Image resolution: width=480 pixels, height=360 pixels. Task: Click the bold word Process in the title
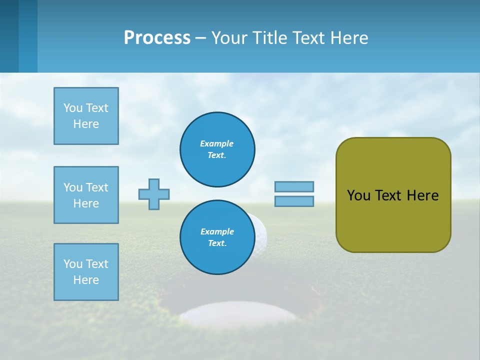pos(157,38)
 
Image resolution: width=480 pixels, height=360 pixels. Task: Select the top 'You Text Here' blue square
pos(86,116)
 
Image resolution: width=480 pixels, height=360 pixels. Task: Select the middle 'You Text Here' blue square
pos(86,195)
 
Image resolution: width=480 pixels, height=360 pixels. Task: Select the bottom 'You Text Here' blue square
pos(86,272)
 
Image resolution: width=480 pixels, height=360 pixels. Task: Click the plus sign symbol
pos(154,194)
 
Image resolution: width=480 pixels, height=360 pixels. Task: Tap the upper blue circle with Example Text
pos(217,149)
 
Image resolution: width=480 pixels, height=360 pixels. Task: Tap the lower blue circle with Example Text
pos(217,237)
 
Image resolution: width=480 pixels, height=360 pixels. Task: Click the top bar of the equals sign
pos(294,186)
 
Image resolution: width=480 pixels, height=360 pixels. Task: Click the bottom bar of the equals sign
pos(294,201)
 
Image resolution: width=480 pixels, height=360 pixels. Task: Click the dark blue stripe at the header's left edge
pos(9,36)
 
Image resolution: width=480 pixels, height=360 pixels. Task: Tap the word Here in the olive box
pos(422,195)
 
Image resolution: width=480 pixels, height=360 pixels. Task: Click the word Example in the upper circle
pos(217,143)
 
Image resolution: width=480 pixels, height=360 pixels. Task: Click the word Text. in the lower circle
pos(217,243)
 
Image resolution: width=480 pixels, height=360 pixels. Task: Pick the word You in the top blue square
pos(73,108)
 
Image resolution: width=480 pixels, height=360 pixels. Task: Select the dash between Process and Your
pos(201,38)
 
